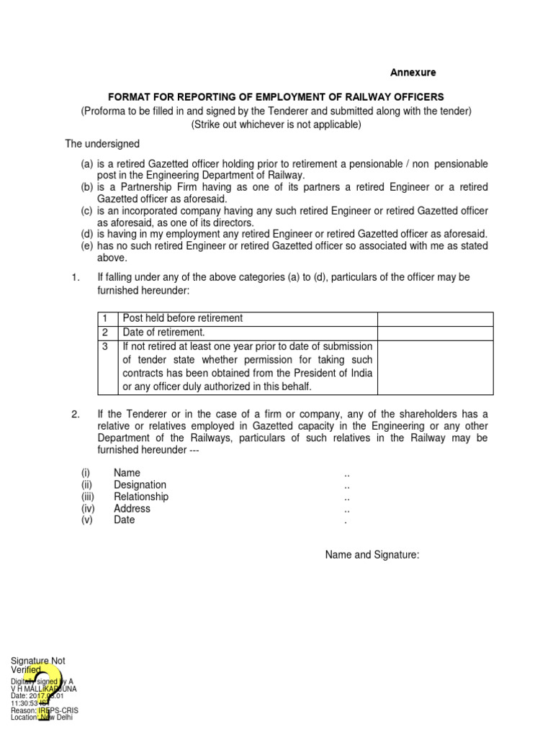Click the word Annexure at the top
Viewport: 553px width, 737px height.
click(413, 73)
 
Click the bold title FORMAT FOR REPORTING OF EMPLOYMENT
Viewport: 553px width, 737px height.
click(276, 96)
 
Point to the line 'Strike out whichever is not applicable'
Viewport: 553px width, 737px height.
click(276, 124)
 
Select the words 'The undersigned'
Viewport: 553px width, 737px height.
click(102, 144)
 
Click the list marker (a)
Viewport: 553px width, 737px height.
click(87, 165)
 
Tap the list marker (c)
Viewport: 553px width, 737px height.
click(87, 211)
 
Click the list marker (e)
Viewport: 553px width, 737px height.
click(87, 246)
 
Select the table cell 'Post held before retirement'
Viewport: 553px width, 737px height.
click(183, 318)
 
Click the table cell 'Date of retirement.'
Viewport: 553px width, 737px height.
click(164, 333)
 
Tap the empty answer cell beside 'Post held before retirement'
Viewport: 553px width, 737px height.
click(435, 319)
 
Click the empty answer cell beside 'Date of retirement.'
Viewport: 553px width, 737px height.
click(435, 333)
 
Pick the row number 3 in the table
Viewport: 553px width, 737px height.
click(105, 347)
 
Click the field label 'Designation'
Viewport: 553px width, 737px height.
click(140, 485)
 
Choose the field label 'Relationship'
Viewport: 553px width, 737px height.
click(141, 497)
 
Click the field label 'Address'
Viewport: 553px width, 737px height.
click(132, 508)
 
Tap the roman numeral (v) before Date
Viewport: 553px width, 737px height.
click(87, 520)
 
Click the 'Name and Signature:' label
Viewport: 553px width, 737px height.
click(372, 555)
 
